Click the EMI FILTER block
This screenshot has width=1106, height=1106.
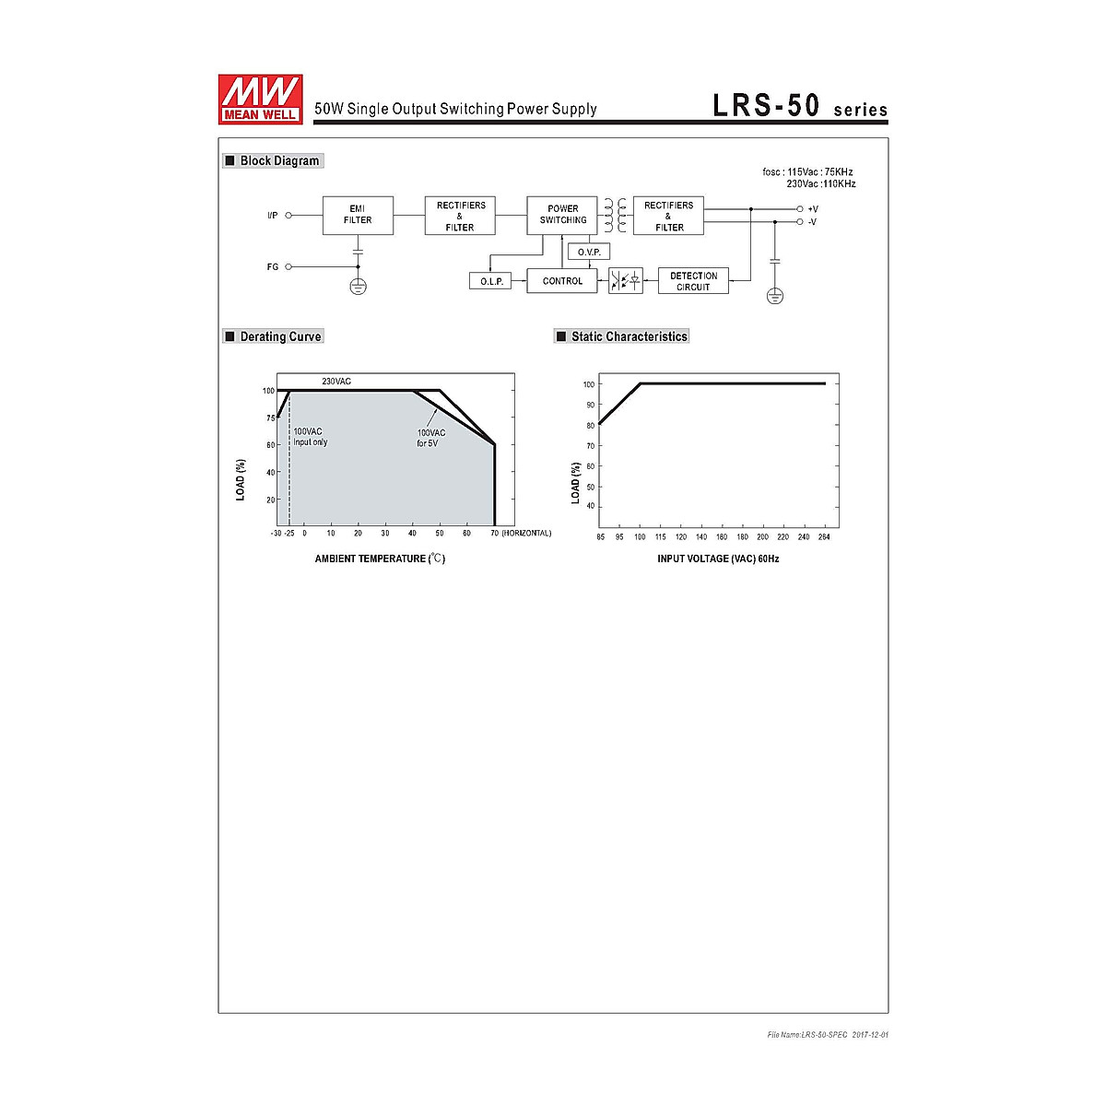pyautogui.click(x=358, y=215)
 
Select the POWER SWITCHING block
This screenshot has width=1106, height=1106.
pyautogui.click(x=562, y=215)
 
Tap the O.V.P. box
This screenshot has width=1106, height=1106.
pyautogui.click(x=589, y=252)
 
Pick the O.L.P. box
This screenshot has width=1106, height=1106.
pyautogui.click(x=490, y=281)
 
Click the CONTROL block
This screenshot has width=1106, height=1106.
pyautogui.click(x=562, y=281)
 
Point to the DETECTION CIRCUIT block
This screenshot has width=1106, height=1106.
pyautogui.click(x=693, y=281)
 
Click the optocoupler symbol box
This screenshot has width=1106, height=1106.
pyautogui.click(x=626, y=281)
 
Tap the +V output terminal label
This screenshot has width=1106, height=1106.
pyautogui.click(x=813, y=209)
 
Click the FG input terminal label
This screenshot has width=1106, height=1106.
pyautogui.click(x=273, y=267)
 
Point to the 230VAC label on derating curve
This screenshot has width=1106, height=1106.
pyautogui.click(x=336, y=382)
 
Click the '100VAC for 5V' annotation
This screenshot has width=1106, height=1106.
pyautogui.click(x=430, y=438)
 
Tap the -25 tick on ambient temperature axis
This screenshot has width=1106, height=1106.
pyautogui.click(x=288, y=534)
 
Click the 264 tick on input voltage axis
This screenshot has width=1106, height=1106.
pyautogui.click(x=824, y=536)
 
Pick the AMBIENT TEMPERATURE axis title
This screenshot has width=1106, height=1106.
pyautogui.click(x=380, y=559)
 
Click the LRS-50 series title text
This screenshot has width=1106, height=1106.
pyautogui.click(x=799, y=107)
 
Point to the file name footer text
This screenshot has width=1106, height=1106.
pyautogui.click(x=827, y=1035)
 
